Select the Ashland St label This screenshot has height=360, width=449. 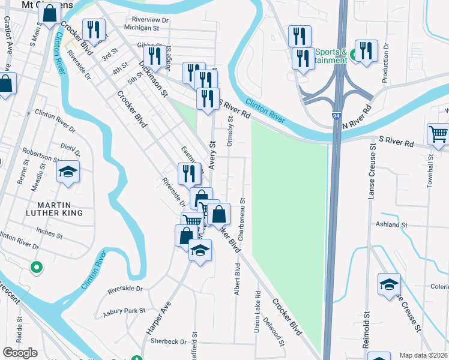[x=391, y=224]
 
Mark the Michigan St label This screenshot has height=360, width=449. [x=142, y=28]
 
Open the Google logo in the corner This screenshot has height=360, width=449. [x=19, y=353]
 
